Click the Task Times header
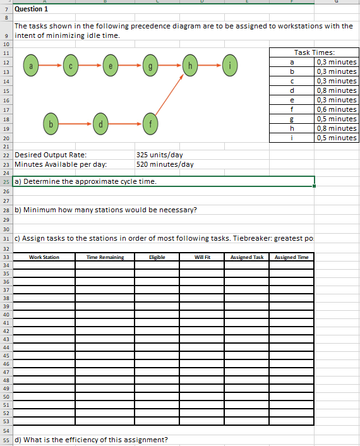click(x=314, y=52)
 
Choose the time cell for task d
click(x=336, y=90)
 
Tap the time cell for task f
click(x=336, y=109)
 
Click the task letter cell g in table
click(x=292, y=119)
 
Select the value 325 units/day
click(x=160, y=155)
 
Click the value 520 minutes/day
click(x=165, y=164)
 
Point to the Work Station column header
click(x=44, y=257)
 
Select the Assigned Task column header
click(x=247, y=257)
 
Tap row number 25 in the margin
click(x=6, y=182)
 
